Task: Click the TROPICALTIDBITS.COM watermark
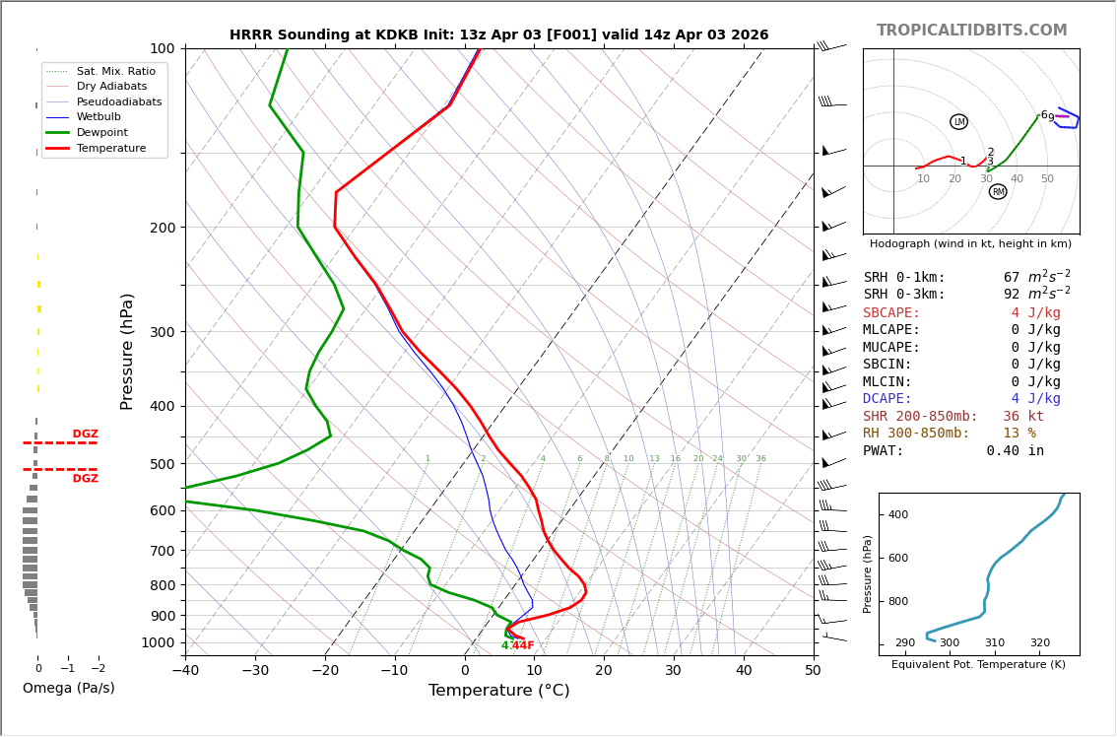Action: pos(971,31)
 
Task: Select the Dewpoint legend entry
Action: pos(102,132)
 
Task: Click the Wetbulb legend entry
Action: pos(99,117)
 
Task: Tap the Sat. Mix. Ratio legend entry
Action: pos(115,72)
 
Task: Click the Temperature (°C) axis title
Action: pos(498,691)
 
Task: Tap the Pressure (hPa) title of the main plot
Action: pos(127,351)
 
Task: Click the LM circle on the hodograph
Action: pos(958,122)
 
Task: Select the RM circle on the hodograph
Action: pos(998,192)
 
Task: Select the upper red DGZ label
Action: pos(85,435)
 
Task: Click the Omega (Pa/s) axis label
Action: pos(69,688)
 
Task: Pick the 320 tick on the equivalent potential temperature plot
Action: pos(1040,643)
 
